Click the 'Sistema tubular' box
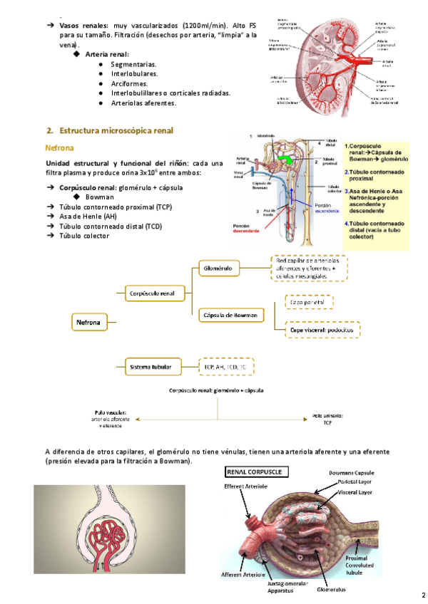(151, 367)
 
